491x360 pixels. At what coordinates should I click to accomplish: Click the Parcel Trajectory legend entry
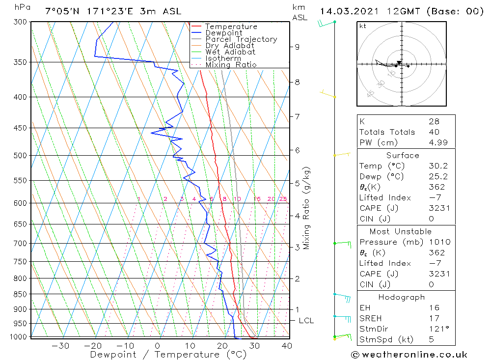(x=241, y=39)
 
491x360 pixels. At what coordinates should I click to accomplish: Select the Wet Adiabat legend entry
(x=230, y=52)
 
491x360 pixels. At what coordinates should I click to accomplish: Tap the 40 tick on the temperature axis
(x=287, y=346)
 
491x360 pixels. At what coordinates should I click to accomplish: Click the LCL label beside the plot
(x=306, y=321)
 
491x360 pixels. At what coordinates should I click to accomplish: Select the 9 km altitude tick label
(x=297, y=47)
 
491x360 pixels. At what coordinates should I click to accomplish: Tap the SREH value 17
(x=434, y=319)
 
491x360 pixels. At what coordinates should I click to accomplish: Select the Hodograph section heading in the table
(x=402, y=297)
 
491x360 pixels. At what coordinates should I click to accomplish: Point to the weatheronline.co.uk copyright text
(x=409, y=355)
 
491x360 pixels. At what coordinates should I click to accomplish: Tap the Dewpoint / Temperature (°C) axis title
(x=161, y=354)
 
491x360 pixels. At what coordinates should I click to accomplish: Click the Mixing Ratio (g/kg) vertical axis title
(x=307, y=208)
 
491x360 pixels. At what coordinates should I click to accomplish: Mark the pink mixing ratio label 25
(x=283, y=199)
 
